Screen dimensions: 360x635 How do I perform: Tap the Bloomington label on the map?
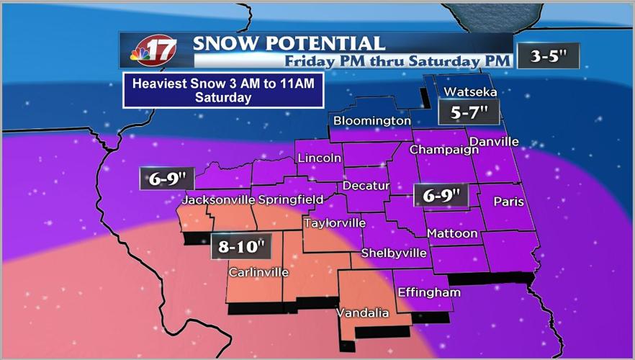371,120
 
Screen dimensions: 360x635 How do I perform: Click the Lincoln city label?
319,158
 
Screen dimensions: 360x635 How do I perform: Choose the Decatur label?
366,186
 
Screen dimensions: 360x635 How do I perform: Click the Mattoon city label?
452,233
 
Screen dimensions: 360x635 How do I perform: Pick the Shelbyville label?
394,253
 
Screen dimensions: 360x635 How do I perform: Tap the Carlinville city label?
258,272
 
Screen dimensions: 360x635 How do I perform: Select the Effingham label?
428,292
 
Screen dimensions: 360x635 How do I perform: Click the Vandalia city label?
363,313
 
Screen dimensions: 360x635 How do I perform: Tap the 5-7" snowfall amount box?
469,112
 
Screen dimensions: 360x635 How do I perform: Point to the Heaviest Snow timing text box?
223,91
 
